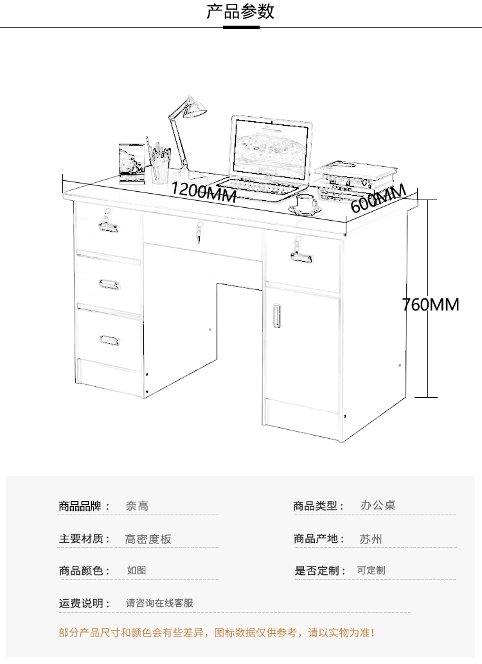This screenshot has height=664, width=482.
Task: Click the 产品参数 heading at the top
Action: click(x=240, y=12)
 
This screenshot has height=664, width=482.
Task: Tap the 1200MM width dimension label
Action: click(x=204, y=191)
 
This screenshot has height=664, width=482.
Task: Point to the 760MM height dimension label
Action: click(x=431, y=304)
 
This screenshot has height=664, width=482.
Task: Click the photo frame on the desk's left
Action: click(x=132, y=161)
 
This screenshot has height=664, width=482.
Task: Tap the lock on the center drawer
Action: click(x=200, y=232)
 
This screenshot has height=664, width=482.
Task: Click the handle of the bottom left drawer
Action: click(x=109, y=339)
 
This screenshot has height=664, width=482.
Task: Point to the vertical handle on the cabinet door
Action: click(x=278, y=315)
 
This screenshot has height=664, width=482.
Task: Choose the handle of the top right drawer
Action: click(x=302, y=257)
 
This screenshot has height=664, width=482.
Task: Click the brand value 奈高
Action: click(x=137, y=506)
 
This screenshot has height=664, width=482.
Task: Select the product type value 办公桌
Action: click(x=378, y=506)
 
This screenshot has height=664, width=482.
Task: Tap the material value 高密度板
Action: click(x=148, y=539)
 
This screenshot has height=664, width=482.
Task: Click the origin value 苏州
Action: click(x=371, y=539)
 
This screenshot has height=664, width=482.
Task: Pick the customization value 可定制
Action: click(x=371, y=570)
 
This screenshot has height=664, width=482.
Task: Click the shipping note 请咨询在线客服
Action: click(x=159, y=603)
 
